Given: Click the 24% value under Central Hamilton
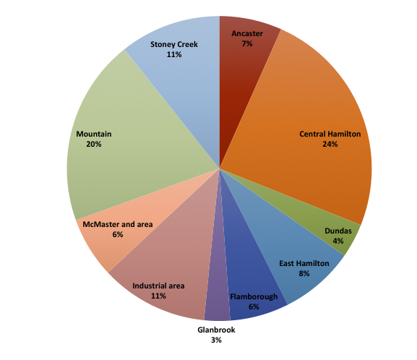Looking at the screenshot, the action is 330,144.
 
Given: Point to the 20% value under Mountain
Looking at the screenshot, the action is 94,144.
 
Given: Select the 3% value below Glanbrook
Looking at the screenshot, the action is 216,340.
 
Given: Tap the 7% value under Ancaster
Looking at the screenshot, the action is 247,43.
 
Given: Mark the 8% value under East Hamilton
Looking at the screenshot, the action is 304,273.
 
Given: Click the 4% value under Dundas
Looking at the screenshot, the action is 338,241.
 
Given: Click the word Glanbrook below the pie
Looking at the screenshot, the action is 216,330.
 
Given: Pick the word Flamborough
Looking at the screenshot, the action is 254,296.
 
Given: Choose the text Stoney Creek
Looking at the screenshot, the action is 174,44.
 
